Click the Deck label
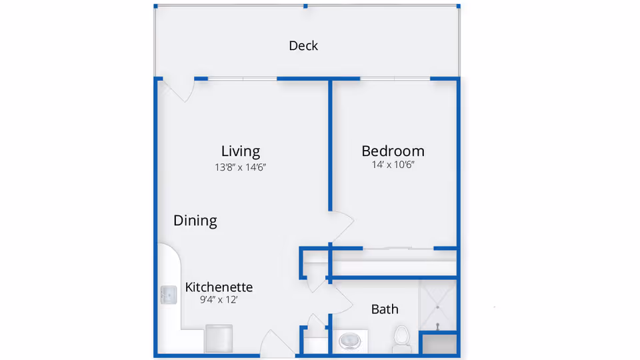point(303,46)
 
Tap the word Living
point(241,151)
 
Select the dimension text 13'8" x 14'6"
point(241,168)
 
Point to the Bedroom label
point(393,151)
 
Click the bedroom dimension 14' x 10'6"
point(393,165)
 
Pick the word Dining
point(195,221)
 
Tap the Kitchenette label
point(219,287)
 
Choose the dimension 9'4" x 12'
point(219,300)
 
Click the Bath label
point(385,309)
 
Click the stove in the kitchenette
point(219,338)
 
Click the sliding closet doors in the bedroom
point(398,249)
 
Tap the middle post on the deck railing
point(305,6)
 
